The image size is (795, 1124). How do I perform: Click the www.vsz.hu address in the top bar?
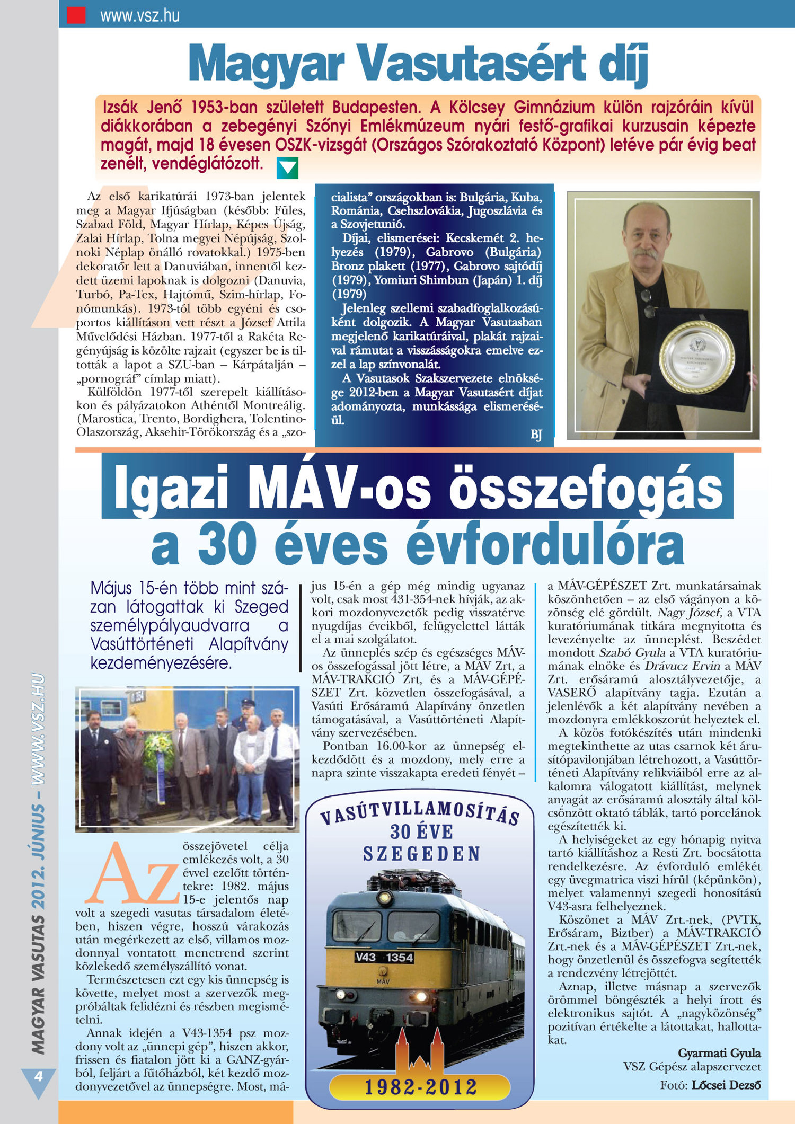[x=140, y=15]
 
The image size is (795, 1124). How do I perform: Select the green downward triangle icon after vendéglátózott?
[x=288, y=167]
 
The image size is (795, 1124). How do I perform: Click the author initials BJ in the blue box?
[x=536, y=435]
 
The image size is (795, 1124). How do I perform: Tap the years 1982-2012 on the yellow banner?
[x=421, y=1087]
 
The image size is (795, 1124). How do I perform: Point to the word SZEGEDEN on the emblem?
[x=421, y=854]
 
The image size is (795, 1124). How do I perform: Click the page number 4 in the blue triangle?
[x=38, y=1076]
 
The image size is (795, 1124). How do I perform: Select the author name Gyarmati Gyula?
[x=719, y=1052]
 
